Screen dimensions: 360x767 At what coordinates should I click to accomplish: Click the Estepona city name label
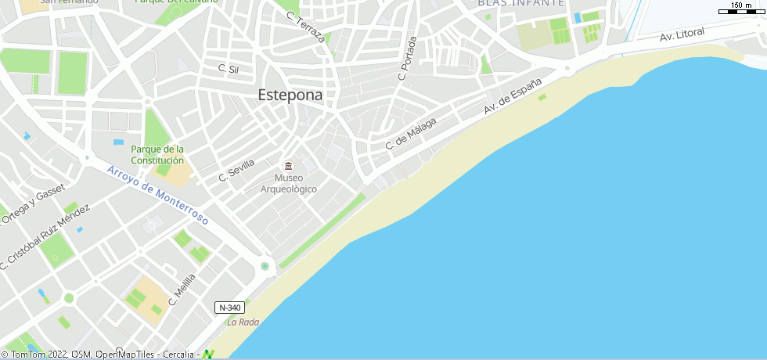[290, 95]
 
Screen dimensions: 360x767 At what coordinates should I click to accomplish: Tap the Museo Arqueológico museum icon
[288, 166]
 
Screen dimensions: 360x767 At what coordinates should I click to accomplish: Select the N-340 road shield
[229, 308]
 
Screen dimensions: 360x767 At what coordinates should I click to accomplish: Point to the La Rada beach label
[243, 322]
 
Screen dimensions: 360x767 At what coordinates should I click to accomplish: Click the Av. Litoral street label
[682, 34]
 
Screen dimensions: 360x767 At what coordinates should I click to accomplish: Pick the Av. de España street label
[513, 97]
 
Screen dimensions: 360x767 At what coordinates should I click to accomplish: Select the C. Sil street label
[228, 69]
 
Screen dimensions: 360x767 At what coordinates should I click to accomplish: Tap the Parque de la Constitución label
[157, 154]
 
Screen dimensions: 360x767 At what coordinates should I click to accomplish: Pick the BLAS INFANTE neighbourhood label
[520, 3]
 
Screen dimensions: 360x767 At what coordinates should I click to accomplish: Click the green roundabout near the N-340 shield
[265, 266]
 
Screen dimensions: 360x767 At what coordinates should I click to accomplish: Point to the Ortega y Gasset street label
[28, 206]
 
